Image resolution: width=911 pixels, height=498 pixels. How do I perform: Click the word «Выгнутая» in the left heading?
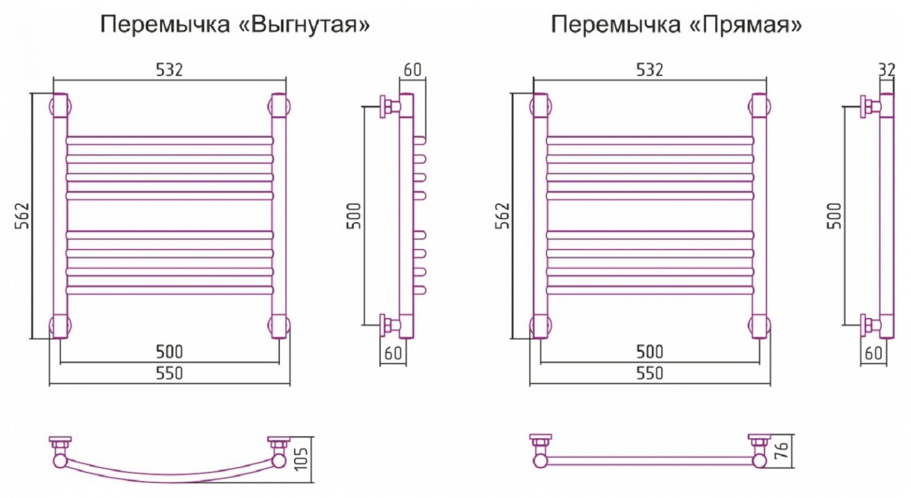click(303, 25)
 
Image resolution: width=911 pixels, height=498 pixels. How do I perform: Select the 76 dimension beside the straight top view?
click(782, 451)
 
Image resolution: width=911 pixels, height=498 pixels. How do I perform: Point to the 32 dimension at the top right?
click(886, 70)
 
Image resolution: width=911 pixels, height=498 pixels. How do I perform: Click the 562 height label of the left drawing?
click(23, 215)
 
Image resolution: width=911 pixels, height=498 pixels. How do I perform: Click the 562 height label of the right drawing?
click(502, 215)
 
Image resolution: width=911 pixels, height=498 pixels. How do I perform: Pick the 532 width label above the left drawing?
click(170, 70)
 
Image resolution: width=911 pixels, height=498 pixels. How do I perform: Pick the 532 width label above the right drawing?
click(649, 70)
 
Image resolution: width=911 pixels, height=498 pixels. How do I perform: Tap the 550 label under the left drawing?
click(170, 373)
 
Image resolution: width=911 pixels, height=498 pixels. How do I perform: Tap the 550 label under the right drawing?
click(649, 373)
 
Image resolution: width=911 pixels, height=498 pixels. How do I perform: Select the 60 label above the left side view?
click(413, 70)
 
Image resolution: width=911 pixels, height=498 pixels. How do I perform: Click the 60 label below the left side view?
click(393, 353)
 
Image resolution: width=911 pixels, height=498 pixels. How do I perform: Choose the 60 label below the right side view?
click(873, 353)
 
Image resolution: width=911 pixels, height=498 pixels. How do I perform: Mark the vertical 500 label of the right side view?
click(834, 216)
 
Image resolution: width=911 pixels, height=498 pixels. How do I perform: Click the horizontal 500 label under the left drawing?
click(170, 352)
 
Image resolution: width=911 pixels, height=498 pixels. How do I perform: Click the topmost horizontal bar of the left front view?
click(170, 140)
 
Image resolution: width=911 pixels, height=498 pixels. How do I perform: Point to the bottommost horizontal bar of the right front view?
click(650, 290)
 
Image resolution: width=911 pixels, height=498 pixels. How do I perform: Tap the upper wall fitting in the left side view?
click(390, 107)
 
